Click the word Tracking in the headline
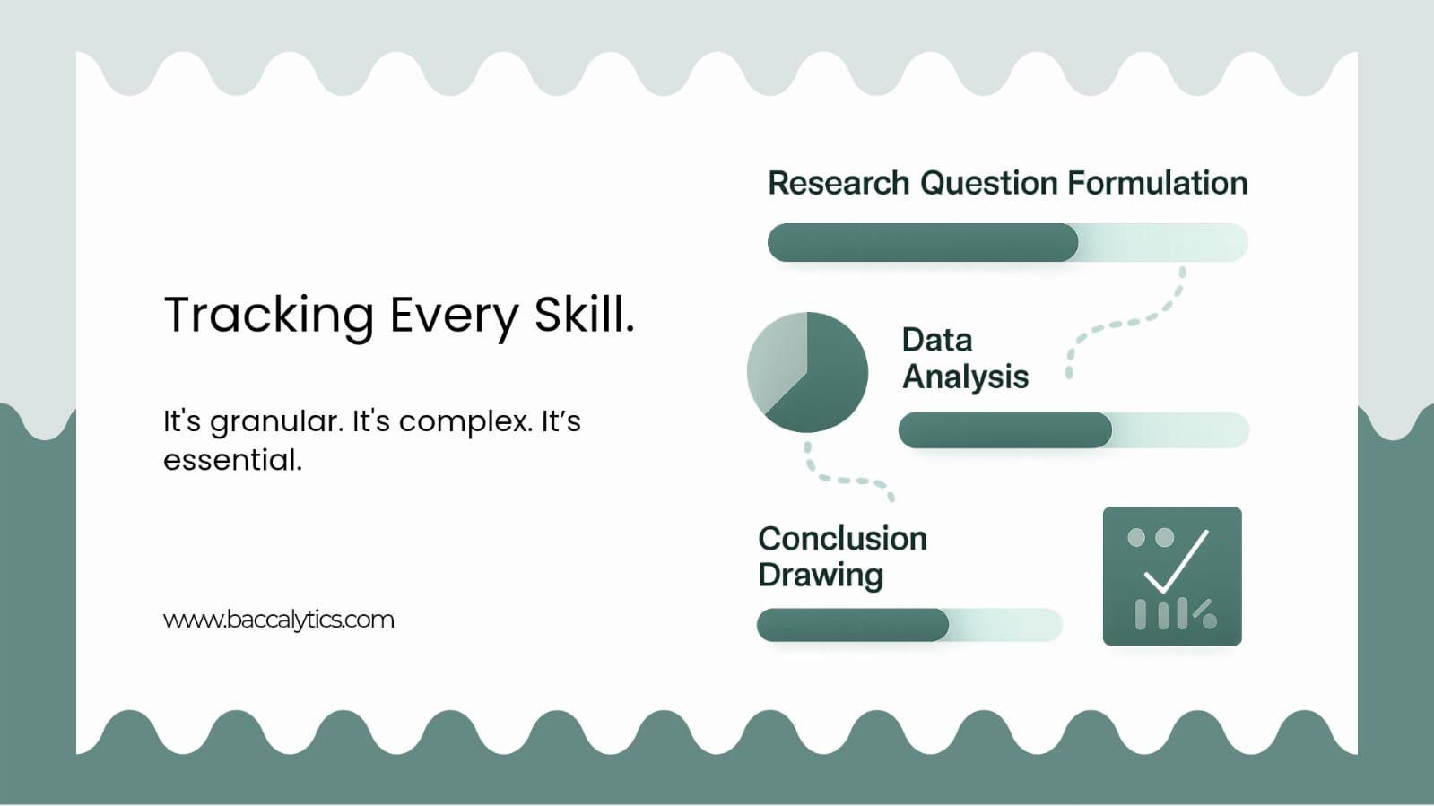coord(268,316)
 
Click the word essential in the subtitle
coord(231,460)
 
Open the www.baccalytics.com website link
coord(278,620)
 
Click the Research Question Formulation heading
coord(1006,183)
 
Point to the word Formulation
coord(1157,183)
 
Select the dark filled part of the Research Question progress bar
coord(922,243)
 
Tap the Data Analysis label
coord(964,359)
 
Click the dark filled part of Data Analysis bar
coord(1004,430)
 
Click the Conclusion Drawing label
coord(841,557)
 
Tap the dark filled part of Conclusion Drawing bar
coord(852,625)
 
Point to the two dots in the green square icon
coord(1150,538)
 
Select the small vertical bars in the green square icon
coord(1161,614)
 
